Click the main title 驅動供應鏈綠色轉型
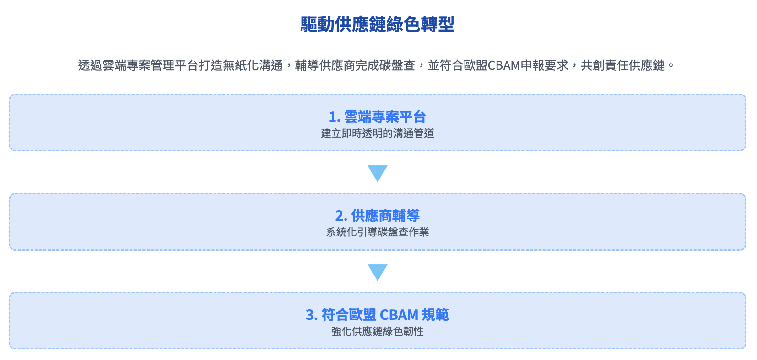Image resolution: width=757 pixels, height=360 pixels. point(377,24)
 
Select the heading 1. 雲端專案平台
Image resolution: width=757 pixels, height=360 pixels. point(377,116)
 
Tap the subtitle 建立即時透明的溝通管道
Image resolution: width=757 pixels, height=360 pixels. point(377,133)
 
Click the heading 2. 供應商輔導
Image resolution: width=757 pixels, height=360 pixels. point(377,216)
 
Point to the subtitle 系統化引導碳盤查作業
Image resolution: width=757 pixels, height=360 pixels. point(377,232)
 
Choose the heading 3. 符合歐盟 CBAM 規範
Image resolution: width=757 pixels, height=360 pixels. point(377,315)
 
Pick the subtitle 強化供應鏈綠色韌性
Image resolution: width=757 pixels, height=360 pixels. point(377,331)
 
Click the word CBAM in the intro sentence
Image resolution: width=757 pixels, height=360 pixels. point(504,65)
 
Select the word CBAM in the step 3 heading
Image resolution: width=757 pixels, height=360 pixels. point(399,315)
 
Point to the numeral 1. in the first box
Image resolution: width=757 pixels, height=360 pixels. point(334,117)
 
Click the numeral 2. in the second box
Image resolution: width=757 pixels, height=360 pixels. point(341,216)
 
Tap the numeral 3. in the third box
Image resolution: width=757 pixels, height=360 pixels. point(312,316)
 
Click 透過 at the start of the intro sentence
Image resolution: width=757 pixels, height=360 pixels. point(90,65)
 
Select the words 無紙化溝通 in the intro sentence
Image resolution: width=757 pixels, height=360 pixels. point(252,65)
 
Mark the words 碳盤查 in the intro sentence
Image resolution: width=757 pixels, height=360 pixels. point(397,65)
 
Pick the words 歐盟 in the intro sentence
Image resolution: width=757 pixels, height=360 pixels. point(475,65)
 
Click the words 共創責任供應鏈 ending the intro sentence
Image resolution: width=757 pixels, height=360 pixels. point(622,65)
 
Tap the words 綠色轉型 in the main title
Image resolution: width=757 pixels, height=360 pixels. point(420,24)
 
